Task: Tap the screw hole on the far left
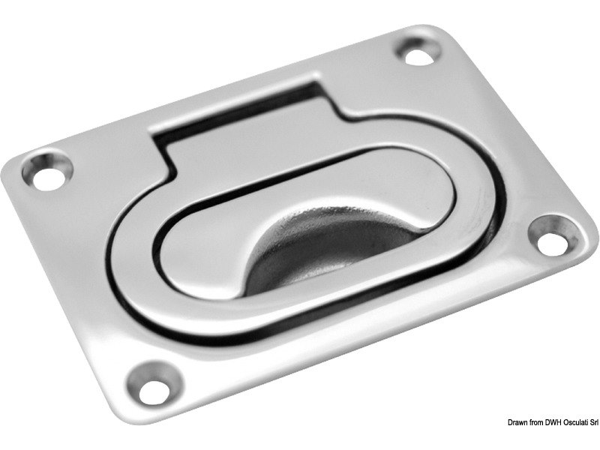click(48, 171)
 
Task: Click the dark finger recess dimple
click(329, 253)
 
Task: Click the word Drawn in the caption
click(517, 422)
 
